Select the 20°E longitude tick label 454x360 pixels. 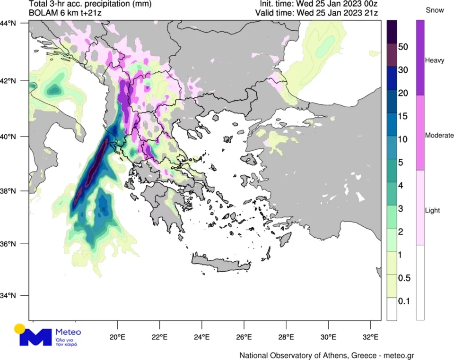pos(117,337)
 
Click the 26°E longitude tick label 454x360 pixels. pos(244,337)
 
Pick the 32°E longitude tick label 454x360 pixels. pos(370,337)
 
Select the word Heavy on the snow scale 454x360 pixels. pos(434,60)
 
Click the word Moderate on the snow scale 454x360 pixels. pos(439,136)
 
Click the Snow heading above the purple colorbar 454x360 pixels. pos(434,10)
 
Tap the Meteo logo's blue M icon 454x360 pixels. pos(36,337)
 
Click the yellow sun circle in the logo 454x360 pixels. pos(19,329)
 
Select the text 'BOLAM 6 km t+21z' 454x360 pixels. pos(65,13)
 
